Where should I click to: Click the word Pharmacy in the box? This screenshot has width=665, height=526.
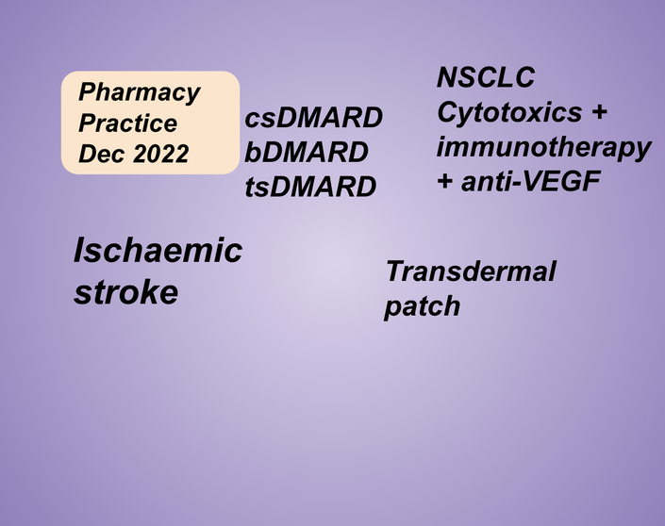(139, 92)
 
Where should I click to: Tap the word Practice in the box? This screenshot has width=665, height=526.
(127, 123)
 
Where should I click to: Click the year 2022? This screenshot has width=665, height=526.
(160, 153)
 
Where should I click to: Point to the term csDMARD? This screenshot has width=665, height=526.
(314, 118)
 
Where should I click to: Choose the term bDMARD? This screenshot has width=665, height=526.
(307, 152)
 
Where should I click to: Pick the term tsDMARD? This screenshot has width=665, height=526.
(310, 187)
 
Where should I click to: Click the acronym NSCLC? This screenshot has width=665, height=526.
(486, 77)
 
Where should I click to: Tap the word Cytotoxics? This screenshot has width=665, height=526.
(509, 112)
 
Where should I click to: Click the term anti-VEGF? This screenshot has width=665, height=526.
(530, 181)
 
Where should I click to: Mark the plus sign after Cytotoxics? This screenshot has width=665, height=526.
(599, 113)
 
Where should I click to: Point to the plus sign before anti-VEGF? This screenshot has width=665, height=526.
(445, 182)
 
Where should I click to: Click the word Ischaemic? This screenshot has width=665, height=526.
(158, 251)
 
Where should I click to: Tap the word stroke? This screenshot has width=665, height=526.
(126, 292)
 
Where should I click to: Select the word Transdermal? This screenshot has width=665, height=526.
(471, 271)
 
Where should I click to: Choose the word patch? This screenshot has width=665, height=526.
(422, 307)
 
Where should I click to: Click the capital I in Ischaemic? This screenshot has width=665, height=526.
(80, 250)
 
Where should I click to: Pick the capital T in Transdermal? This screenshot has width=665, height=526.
(395, 271)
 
